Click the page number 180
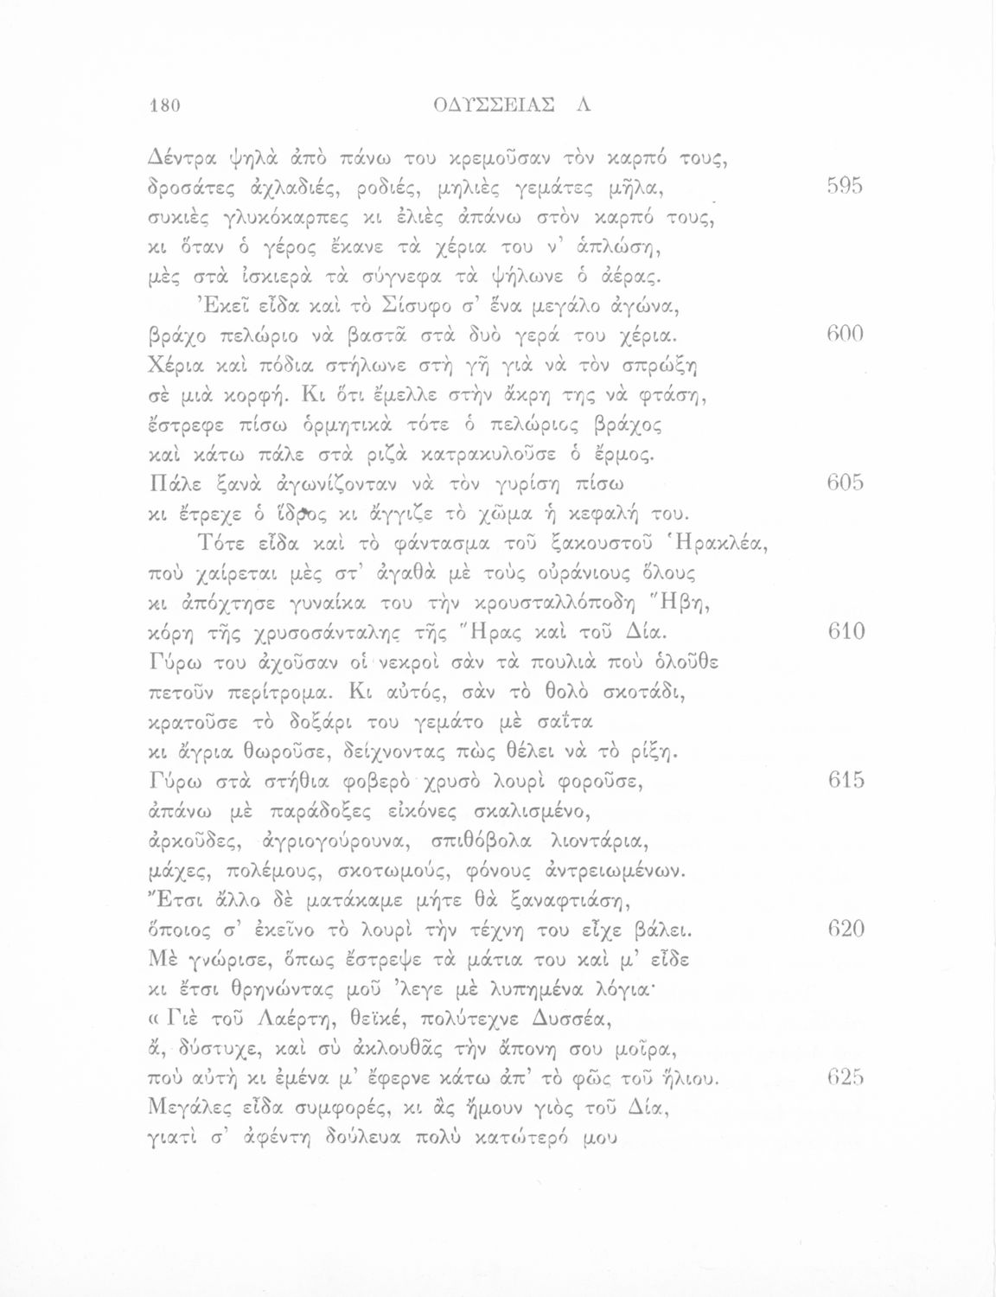(x=162, y=106)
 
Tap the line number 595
(x=843, y=187)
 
